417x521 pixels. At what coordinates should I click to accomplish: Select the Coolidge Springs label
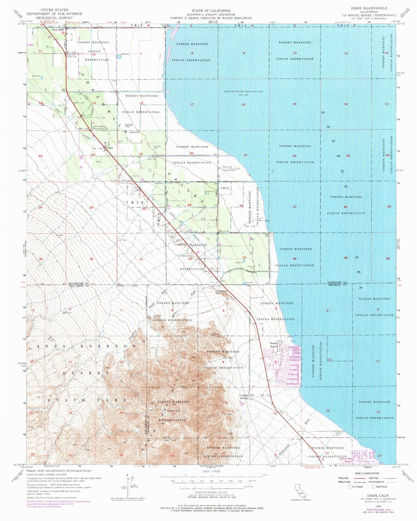(x=244, y=397)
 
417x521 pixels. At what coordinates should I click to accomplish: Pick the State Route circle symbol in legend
(x=373, y=487)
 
